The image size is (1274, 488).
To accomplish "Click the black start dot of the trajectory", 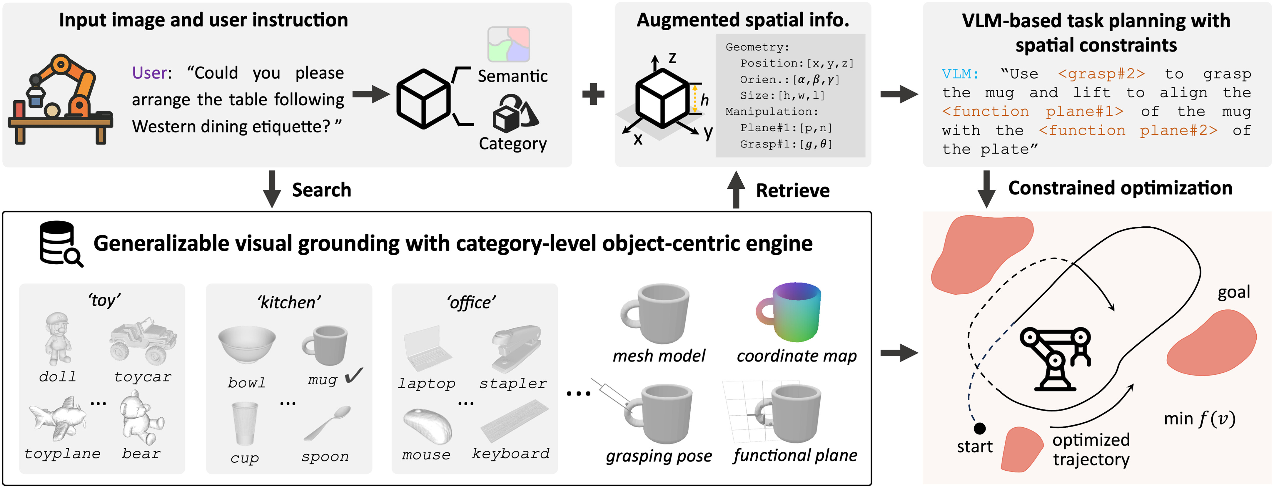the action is [x=979, y=428].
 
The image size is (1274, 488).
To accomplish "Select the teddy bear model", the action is [x=141, y=418].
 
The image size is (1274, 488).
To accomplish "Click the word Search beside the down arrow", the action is [x=321, y=190].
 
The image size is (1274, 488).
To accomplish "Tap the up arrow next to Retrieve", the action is [x=736, y=190].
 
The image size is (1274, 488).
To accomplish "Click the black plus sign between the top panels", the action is [x=593, y=94].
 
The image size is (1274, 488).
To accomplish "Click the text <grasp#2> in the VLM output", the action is [x=1101, y=74].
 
